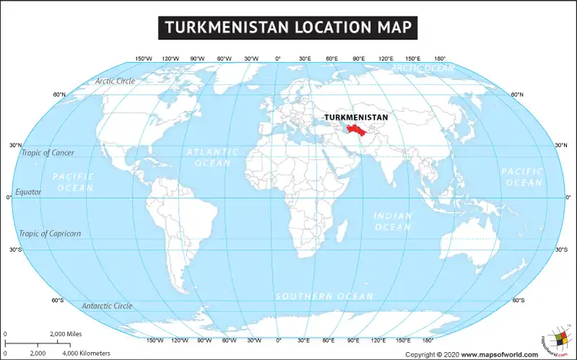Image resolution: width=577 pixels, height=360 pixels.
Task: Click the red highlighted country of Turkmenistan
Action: click(354, 130)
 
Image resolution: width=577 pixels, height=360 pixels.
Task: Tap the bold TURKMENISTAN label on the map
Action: click(356, 117)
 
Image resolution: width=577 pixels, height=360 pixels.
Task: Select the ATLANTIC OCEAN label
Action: click(212, 157)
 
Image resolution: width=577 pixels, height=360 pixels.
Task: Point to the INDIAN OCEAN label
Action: click(393, 221)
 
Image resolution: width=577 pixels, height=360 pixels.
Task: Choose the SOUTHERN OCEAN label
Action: click(324, 297)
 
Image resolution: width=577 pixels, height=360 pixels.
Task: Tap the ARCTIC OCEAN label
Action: click(423, 68)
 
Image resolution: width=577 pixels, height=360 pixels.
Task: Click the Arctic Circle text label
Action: click(115, 81)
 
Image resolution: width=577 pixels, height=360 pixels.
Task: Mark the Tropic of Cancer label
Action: click(47, 152)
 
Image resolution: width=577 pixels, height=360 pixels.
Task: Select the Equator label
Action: click(29, 192)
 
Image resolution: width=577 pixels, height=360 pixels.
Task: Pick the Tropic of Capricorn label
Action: click(50, 233)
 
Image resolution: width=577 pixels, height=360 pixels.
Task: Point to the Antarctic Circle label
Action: click(107, 306)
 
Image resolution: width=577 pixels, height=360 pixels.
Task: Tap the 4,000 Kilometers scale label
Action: click(86, 353)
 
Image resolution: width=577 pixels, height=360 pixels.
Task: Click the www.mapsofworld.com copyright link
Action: click(500, 354)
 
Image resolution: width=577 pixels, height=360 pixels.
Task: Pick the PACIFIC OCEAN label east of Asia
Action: click(522, 177)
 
